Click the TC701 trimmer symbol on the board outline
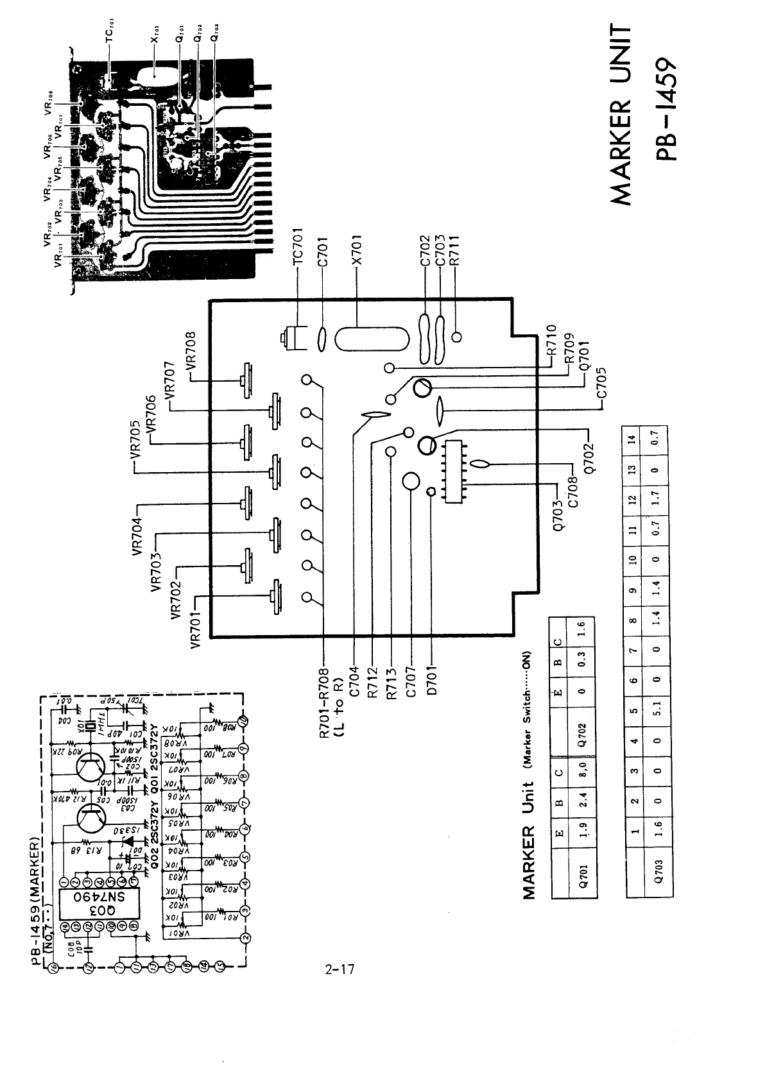(293, 338)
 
